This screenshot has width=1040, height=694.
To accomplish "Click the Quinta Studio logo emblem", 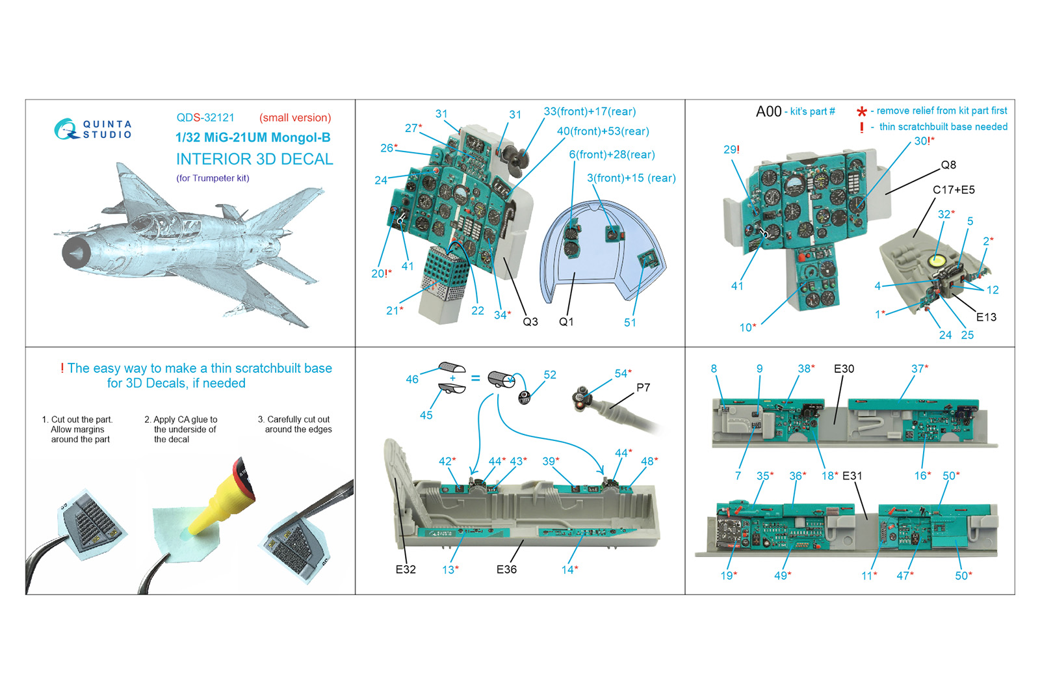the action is [x=66, y=129].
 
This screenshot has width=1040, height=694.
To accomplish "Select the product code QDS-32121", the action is [x=205, y=118].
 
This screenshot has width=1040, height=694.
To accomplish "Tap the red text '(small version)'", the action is [x=295, y=118].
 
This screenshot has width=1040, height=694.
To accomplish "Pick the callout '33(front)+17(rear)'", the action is [x=590, y=111].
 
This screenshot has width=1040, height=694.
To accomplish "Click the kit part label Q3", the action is [x=530, y=321].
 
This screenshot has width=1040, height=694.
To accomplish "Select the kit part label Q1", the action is [x=566, y=321].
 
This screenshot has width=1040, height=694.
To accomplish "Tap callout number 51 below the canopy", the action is [x=630, y=323].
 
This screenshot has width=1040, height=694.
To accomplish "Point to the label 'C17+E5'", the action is [x=954, y=189].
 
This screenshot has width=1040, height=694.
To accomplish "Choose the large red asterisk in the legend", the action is [x=862, y=111].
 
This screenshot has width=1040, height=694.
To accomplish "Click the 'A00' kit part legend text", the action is [x=769, y=111].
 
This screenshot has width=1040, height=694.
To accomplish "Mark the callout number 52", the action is [x=550, y=375].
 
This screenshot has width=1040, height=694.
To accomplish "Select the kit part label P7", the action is [x=643, y=388].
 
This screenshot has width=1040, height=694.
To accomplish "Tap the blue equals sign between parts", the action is [x=475, y=378].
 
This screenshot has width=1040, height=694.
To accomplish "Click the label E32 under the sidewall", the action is [x=406, y=570].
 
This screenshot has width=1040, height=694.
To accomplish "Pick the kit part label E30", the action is [x=844, y=369].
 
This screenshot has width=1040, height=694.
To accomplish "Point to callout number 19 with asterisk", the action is [x=729, y=576].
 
